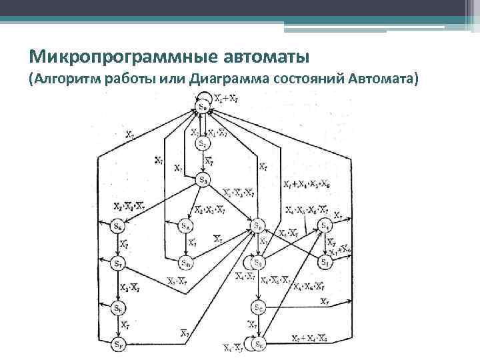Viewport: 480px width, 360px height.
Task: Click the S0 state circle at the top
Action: coord(202,107)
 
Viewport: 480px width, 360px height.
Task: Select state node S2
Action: coord(202,143)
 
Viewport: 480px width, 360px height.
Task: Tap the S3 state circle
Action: coord(203,179)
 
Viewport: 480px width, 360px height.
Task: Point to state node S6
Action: coord(118,227)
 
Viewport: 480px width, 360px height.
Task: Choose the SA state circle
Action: coord(186,227)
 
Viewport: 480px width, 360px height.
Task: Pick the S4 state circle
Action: coord(325,227)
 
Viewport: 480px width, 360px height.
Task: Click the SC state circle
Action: coord(257,307)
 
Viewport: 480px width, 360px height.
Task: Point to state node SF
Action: coord(118,345)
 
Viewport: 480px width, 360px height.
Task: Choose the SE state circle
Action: coord(118,308)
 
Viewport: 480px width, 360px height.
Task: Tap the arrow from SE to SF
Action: coord(118,327)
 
